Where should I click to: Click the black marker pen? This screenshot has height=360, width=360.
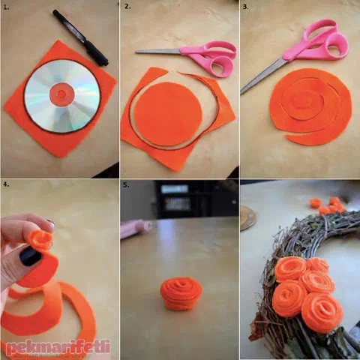coord(80,37)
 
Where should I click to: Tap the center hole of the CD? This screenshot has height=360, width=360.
coord(61,94)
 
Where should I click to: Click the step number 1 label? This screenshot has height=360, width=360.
coord(6,7)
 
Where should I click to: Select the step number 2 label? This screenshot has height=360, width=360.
coord(127,7)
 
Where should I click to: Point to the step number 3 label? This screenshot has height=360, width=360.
coord(246,7)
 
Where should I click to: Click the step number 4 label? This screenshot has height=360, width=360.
coord(6,184)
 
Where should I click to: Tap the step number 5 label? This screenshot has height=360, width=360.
coord(126,185)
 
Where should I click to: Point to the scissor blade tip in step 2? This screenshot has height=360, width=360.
coord(136,52)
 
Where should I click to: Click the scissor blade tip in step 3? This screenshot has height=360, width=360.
coord(241,94)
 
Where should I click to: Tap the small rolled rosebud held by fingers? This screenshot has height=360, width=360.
coord(40,240)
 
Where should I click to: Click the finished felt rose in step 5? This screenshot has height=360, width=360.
coord(181,293)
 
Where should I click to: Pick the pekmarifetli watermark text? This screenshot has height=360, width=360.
coord(58,346)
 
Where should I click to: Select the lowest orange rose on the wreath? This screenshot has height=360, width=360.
coord(322,313)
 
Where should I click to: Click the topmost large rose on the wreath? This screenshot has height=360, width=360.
coord(290,269)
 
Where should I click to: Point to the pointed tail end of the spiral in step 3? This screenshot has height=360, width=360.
coord(286,136)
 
